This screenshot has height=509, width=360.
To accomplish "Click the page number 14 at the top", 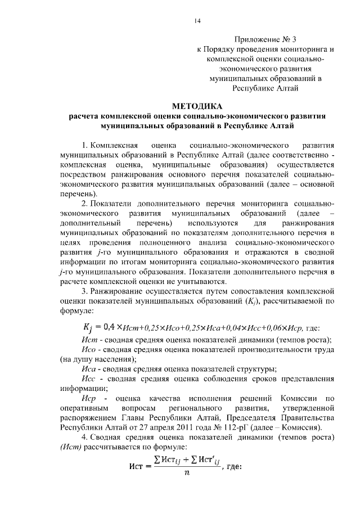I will tap(197, 21).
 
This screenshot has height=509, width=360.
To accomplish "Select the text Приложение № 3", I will tap(264, 39).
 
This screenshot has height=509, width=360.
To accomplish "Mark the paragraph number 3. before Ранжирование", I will tap(84, 291).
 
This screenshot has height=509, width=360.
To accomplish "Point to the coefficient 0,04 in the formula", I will tap(229, 327).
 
